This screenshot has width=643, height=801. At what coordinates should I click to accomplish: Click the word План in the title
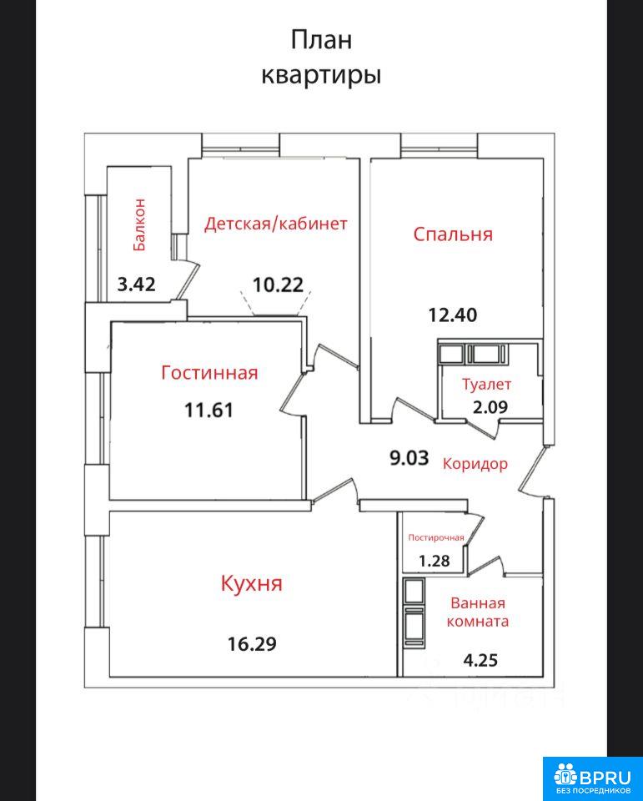321,40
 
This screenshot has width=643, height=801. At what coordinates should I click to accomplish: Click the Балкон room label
139,224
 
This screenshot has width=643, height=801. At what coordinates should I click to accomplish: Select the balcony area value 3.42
137,284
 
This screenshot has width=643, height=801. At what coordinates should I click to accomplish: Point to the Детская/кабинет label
276,224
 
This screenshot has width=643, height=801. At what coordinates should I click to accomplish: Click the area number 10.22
279,285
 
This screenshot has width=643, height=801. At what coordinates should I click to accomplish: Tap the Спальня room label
453,234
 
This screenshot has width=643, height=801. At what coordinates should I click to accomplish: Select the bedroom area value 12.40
453,315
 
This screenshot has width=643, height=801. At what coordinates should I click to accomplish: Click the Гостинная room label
209,372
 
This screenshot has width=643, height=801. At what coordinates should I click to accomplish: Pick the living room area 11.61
208,410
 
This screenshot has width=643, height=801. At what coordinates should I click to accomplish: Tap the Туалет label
487,384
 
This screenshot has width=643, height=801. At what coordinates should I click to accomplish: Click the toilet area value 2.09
490,407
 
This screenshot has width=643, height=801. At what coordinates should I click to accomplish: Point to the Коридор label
475,464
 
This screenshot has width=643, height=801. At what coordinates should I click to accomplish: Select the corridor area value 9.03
409,458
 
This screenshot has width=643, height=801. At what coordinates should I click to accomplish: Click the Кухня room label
251,583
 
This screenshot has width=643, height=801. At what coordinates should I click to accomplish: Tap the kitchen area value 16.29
253,643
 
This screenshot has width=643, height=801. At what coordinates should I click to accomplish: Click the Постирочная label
436,537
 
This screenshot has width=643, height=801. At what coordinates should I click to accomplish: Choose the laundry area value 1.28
435,561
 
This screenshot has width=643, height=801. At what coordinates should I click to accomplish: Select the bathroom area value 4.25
480,661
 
